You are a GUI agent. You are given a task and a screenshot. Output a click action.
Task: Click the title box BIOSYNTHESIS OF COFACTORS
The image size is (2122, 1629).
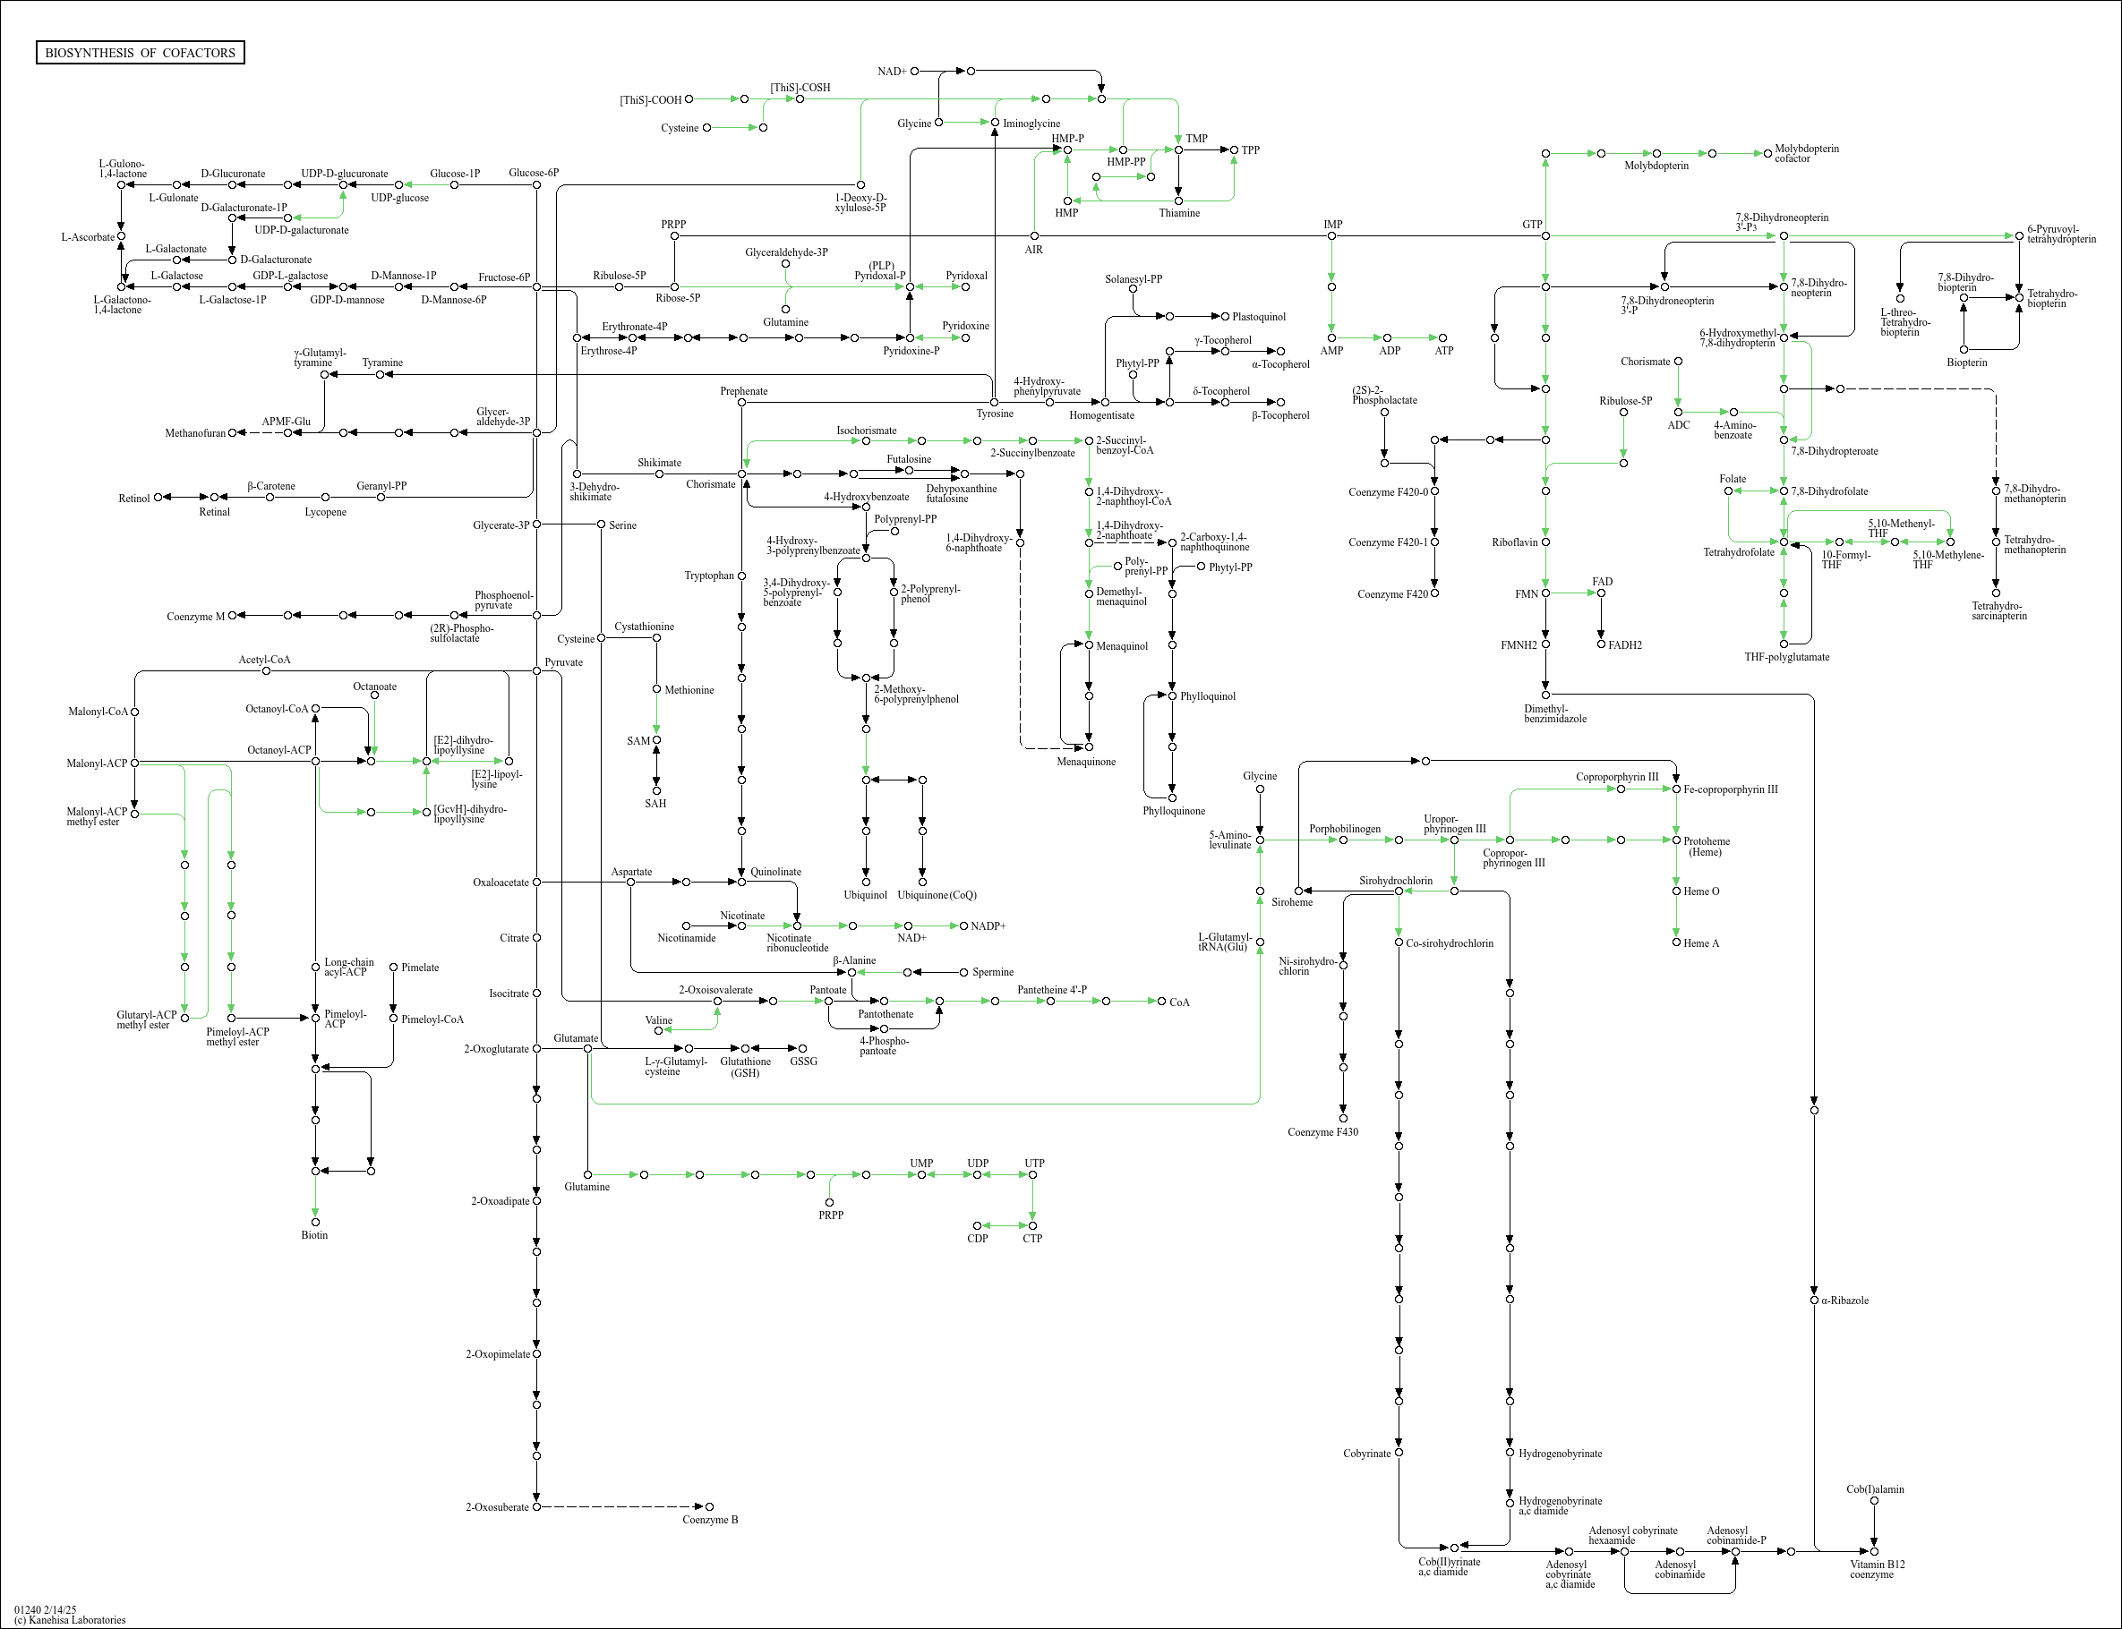click(x=140, y=52)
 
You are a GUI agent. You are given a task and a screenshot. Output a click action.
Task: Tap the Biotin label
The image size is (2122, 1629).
click(x=314, y=1235)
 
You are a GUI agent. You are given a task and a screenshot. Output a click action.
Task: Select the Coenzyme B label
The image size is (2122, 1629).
click(x=710, y=1520)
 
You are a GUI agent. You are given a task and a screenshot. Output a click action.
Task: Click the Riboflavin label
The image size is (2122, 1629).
click(x=1515, y=542)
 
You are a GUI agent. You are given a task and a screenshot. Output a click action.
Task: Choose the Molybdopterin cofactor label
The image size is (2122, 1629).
click(x=1806, y=153)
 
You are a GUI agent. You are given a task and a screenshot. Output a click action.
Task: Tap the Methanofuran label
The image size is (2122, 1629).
click(x=195, y=433)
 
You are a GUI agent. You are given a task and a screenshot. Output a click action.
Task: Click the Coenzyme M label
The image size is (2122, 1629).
click(x=195, y=617)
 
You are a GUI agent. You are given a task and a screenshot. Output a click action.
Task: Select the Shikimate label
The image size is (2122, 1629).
click(x=660, y=463)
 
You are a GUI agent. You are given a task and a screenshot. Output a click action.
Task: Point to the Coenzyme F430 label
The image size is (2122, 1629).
click(x=1322, y=1131)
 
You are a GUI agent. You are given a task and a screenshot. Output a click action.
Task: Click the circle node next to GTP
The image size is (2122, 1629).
click(x=1546, y=235)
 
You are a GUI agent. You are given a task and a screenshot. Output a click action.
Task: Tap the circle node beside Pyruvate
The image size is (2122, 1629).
click(x=537, y=671)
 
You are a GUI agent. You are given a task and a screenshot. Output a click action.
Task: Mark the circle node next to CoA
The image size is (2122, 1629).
click(x=1162, y=1001)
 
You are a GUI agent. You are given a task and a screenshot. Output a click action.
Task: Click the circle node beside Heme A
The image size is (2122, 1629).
click(x=1677, y=942)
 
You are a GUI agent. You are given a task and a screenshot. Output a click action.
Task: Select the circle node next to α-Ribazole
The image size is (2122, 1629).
click(x=1815, y=1301)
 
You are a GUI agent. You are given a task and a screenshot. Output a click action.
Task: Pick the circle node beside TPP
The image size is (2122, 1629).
click(x=1235, y=150)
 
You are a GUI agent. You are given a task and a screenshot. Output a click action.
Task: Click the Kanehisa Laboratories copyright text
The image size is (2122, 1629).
click(x=70, y=1619)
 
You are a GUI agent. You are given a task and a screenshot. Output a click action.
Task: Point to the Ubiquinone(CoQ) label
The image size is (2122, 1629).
click(x=937, y=895)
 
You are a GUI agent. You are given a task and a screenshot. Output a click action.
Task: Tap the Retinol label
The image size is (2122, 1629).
click(x=133, y=499)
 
